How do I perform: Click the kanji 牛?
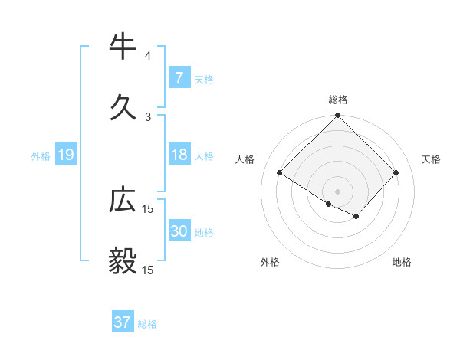[123, 47]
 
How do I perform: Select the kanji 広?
[123, 201]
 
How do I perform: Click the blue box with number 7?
[179, 78]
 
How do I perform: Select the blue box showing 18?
[179, 155]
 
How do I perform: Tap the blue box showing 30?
[179, 232]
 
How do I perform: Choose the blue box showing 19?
[66, 155]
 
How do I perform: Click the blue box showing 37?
[123, 322]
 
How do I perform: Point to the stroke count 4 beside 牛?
[147, 56]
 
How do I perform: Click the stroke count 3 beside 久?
[147, 116]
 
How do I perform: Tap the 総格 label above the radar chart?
[338, 100]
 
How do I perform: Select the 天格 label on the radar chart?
[431, 159]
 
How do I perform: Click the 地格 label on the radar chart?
[402, 262]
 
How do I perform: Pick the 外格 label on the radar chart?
[270, 262]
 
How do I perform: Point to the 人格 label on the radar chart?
[245, 159]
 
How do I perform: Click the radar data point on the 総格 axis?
[338, 116]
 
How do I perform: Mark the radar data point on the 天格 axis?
[396, 172]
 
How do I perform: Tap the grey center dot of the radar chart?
[338, 191]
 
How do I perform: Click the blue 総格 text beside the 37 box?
[147, 324]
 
